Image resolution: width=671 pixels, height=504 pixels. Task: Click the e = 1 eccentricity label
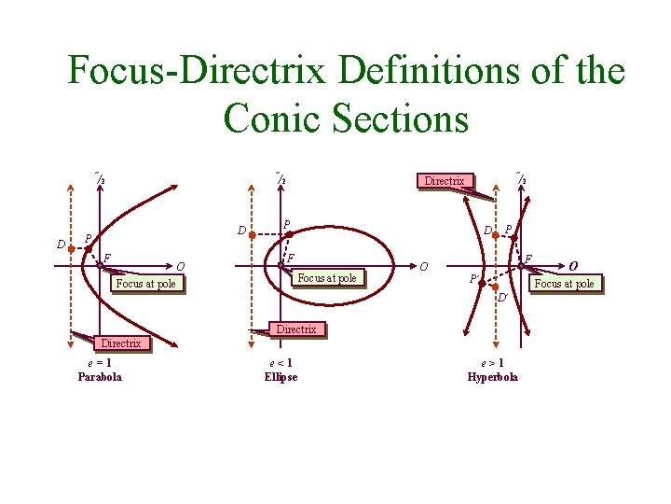(x=99, y=364)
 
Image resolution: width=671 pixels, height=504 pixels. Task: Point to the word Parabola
(x=99, y=377)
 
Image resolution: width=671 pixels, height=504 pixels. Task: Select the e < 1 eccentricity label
(x=281, y=364)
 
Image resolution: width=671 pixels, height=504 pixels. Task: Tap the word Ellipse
(x=281, y=377)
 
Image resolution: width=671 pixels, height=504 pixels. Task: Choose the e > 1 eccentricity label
(x=492, y=364)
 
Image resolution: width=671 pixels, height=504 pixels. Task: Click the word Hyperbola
(x=492, y=377)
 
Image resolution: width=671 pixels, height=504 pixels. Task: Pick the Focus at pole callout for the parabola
(x=145, y=283)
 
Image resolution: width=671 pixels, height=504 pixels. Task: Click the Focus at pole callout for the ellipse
(x=326, y=277)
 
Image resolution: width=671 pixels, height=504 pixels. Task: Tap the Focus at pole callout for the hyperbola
(x=564, y=283)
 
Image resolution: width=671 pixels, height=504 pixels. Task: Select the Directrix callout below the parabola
(x=121, y=343)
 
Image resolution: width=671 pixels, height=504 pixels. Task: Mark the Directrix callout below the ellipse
(x=296, y=329)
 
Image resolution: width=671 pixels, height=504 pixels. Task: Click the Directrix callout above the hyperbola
(x=445, y=180)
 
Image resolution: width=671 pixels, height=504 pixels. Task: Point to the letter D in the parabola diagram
(x=61, y=245)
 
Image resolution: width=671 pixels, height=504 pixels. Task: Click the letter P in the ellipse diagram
(x=286, y=224)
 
